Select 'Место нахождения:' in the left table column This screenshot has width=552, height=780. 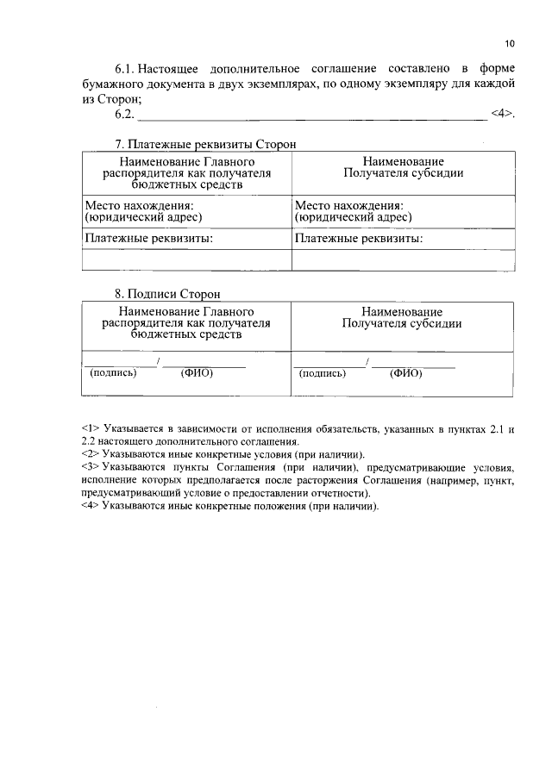[x=139, y=206]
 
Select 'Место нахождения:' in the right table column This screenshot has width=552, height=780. [x=349, y=206]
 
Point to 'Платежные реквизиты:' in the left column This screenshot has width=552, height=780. [x=148, y=239]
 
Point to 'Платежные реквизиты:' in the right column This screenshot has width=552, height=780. [x=359, y=239]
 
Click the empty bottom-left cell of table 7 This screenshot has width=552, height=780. [x=185, y=260]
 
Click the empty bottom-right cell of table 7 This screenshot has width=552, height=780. [x=403, y=260]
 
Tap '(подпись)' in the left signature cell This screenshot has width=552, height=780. [x=113, y=373]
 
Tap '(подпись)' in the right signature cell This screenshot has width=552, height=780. [x=323, y=373]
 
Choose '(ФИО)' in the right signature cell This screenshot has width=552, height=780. [x=405, y=373]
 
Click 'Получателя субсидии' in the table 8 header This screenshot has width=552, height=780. [x=402, y=324]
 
